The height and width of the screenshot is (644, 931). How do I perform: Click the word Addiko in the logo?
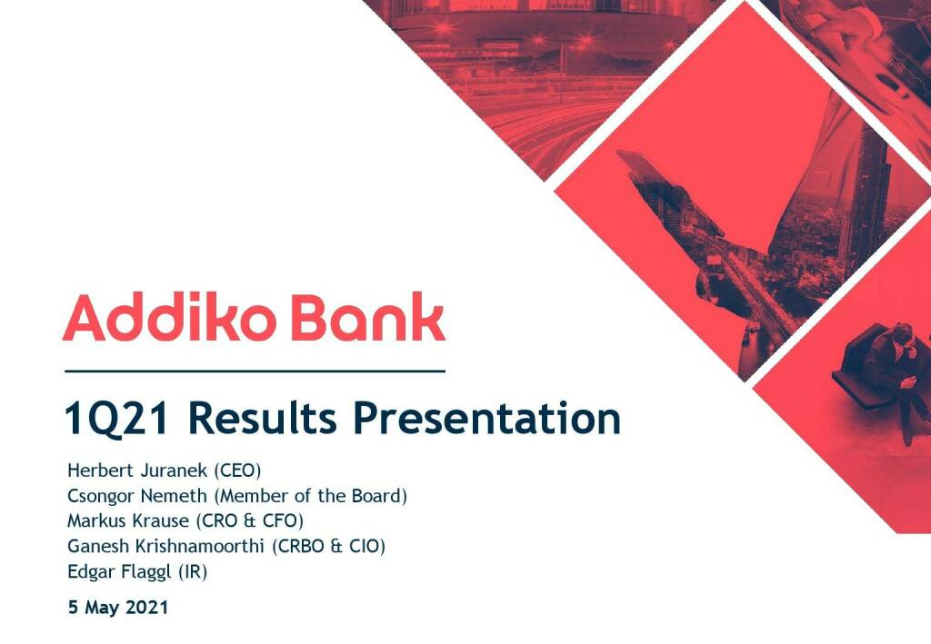tap(169, 317)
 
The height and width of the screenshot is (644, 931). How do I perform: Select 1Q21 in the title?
tap(116, 420)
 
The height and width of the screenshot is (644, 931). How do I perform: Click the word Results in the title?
tap(262, 419)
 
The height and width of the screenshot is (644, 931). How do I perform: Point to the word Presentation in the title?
tap(487, 419)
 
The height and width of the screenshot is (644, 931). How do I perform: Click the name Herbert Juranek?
tap(137, 471)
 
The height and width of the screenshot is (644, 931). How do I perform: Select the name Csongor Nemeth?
tap(137, 496)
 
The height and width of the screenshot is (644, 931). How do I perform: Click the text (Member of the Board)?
tap(311, 496)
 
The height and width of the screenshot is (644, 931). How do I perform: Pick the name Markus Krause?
tap(127, 520)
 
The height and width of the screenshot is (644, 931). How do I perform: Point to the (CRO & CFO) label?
tap(249, 520)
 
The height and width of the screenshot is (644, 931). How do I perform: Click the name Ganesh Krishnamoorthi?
tap(165, 546)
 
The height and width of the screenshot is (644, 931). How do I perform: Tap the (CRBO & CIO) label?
tap(328, 546)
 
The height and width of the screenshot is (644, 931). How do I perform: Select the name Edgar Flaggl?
tap(119, 571)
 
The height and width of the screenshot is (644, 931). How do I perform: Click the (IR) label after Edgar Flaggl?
tap(193, 571)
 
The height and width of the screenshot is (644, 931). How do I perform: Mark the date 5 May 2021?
tap(118, 608)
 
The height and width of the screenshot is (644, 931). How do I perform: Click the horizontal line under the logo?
tap(255, 372)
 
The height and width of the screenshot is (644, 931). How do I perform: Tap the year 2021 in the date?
tap(147, 607)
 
